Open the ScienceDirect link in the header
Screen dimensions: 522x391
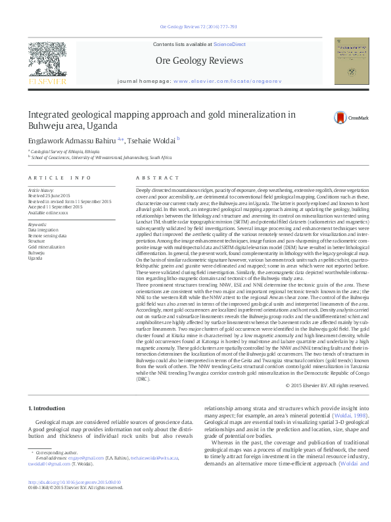(x=229, y=43)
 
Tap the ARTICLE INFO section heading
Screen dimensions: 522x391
(x=59, y=178)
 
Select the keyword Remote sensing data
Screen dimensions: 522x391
(x=47, y=235)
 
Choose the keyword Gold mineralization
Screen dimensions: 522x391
(x=45, y=245)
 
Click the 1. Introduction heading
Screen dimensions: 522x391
(x=49, y=408)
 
